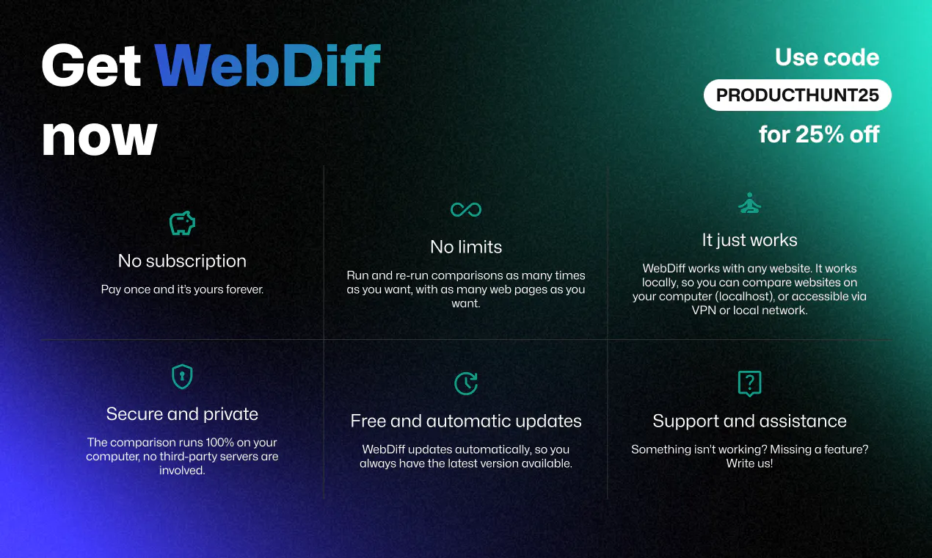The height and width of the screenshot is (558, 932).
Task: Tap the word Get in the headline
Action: click(92, 65)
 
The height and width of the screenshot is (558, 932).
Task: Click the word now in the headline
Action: click(100, 137)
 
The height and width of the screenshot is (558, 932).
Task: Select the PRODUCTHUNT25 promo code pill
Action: click(797, 95)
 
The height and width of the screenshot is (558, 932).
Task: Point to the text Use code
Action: click(827, 57)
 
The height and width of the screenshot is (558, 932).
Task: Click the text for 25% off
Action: click(819, 134)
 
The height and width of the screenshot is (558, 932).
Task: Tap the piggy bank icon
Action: click(182, 223)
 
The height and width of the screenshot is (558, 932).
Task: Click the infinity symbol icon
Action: click(466, 209)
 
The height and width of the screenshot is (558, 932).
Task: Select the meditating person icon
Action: click(749, 203)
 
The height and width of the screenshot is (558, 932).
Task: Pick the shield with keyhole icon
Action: click(182, 377)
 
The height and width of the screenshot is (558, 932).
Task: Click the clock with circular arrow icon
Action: click(466, 383)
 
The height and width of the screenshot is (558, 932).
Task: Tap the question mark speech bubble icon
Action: click(749, 383)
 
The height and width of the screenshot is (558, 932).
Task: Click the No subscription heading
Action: click(182, 261)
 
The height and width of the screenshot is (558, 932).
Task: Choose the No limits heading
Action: click(466, 247)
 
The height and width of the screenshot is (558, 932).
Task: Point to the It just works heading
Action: click(749, 240)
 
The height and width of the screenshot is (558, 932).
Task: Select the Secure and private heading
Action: click(182, 414)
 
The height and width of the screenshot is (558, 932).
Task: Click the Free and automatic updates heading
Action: click(466, 421)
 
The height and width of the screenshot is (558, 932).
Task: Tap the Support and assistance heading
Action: click(749, 421)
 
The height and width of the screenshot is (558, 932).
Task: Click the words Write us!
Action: click(749, 463)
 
